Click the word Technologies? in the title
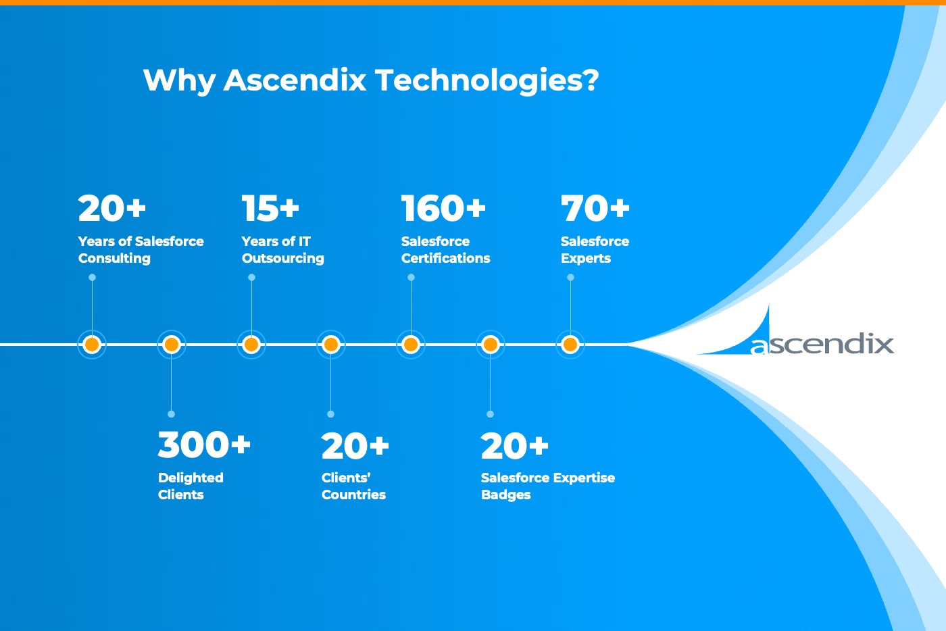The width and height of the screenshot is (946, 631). [487, 80]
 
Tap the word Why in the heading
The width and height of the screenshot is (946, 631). [180, 80]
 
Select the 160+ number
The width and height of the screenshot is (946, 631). [443, 208]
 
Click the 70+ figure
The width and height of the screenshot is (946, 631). [595, 208]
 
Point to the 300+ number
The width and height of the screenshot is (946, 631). [204, 445]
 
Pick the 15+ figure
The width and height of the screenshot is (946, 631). [270, 208]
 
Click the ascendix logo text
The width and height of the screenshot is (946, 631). [822, 345]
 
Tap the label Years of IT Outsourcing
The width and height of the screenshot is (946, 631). [283, 249]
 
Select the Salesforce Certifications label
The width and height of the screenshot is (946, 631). [445, 249]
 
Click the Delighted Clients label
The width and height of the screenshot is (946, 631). [191, 486]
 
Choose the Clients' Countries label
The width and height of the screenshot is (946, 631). [353, 486]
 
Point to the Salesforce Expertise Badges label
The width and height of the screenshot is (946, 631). [548, 486]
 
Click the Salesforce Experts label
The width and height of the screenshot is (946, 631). [595, 249]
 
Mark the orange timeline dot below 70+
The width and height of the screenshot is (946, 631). [570, 345]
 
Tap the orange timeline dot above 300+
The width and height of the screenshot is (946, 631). [172, 345]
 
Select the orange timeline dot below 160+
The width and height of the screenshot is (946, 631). [411, 345]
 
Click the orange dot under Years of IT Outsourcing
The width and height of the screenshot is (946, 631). [251, 345]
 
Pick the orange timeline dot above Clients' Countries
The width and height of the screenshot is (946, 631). [330, 345]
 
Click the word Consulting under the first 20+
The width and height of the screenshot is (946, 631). [114, 259]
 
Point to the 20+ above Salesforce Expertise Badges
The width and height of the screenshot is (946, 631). [514, 446]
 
